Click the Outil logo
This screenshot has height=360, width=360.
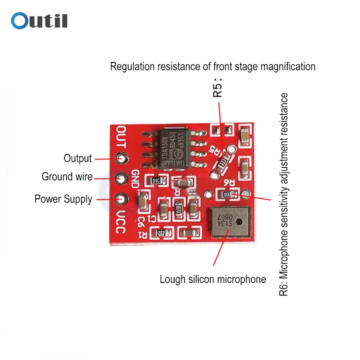pos(39,21)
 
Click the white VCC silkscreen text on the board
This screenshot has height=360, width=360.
pos(121,222)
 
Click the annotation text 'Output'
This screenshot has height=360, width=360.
pos(77,158)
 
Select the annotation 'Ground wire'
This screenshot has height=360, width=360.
pos(67,177)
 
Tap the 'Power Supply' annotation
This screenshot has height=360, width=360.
pos(63,199)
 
